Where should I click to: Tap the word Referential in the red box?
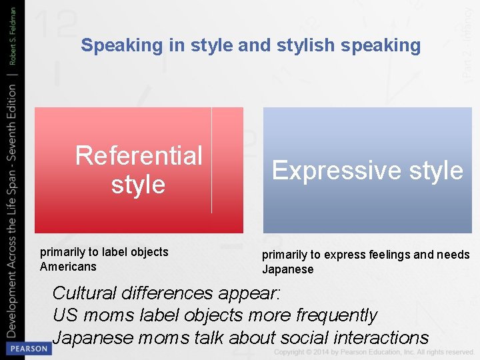pyautogui.click(x=139, y=156)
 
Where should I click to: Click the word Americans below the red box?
pyautogui.click(x=68, y=267)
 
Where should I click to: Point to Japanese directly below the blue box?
pyautogui.click(x=287, y=269)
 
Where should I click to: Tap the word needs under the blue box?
pyautogui.click(x=455, y=255)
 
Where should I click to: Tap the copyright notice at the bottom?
pyautogui.click(x=373, y=352)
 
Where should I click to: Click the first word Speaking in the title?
pyautogui.click(x=112, y=45)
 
